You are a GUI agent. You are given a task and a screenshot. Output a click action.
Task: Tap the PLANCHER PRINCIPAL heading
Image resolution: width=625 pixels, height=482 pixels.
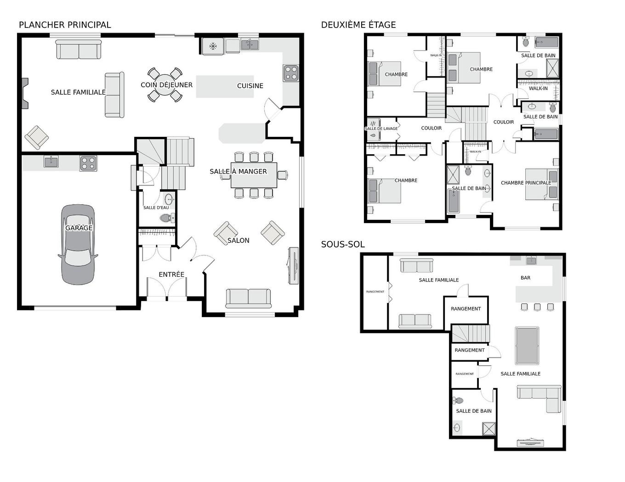65,25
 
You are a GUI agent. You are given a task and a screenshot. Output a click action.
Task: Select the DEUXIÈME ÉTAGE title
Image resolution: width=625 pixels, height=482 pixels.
358,25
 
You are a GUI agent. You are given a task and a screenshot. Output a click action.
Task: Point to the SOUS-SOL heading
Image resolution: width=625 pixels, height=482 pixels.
343,244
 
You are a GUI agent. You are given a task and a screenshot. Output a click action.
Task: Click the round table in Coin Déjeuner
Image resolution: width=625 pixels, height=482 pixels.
164,85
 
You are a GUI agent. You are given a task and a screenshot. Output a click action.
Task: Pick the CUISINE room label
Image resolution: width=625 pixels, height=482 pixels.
250,86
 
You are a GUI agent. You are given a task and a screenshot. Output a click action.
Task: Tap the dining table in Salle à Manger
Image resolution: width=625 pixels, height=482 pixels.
254,175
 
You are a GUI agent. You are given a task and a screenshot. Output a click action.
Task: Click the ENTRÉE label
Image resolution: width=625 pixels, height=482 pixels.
171,275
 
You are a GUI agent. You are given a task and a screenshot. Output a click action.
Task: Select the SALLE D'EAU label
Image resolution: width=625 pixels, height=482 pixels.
156,207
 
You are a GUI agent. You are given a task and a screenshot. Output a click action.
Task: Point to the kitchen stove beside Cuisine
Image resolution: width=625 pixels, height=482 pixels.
291,73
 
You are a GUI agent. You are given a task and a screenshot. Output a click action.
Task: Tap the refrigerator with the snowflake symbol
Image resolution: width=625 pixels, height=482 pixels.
213,46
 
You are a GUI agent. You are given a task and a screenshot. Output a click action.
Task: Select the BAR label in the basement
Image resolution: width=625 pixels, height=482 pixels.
525,278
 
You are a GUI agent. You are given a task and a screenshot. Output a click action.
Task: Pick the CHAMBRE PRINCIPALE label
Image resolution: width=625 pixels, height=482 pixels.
526,183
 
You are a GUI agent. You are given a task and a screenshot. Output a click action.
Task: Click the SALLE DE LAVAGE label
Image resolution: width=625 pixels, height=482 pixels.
381,129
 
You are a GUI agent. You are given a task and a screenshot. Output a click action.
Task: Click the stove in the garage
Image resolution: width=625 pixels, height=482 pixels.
88,163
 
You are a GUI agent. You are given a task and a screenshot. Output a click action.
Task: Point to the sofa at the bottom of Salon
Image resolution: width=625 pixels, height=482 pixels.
248,298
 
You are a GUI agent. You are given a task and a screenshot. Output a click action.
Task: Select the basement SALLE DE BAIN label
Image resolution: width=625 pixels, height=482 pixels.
473,411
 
